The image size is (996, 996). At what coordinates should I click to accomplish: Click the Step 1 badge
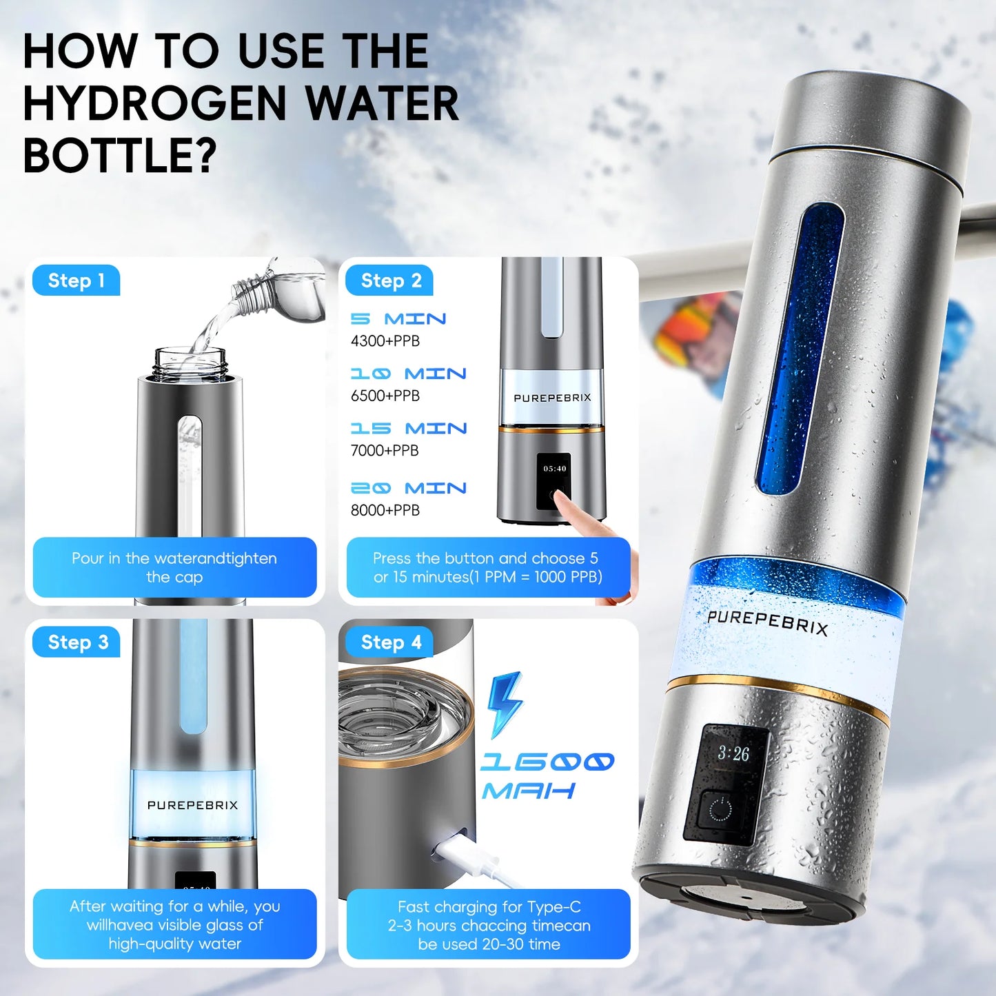tap(76, 281)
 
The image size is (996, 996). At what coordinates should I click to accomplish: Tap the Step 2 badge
tap(390, 281)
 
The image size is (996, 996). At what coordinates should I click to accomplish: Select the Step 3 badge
tap(77, 642)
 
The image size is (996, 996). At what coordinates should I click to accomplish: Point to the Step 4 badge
tap(390, 642)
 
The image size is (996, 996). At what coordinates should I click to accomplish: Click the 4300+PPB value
tap(385, 341)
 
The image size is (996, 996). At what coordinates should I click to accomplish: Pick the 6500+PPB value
tap(385, 396)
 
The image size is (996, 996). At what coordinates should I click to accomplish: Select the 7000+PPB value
tap(385, 450)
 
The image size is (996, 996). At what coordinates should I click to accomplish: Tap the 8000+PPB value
tap(385, 510)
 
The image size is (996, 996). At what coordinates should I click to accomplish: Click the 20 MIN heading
tap(409, 488)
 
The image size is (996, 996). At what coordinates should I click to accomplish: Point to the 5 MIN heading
tap(398, 319)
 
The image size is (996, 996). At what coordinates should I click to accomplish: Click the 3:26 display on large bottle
tap(733, 753)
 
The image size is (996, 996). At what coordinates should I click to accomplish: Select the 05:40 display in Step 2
tap(554, 469)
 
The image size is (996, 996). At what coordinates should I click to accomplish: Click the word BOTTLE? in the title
tap(119, 155)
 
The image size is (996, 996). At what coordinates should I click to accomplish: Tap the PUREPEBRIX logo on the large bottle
tap(767, 622)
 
